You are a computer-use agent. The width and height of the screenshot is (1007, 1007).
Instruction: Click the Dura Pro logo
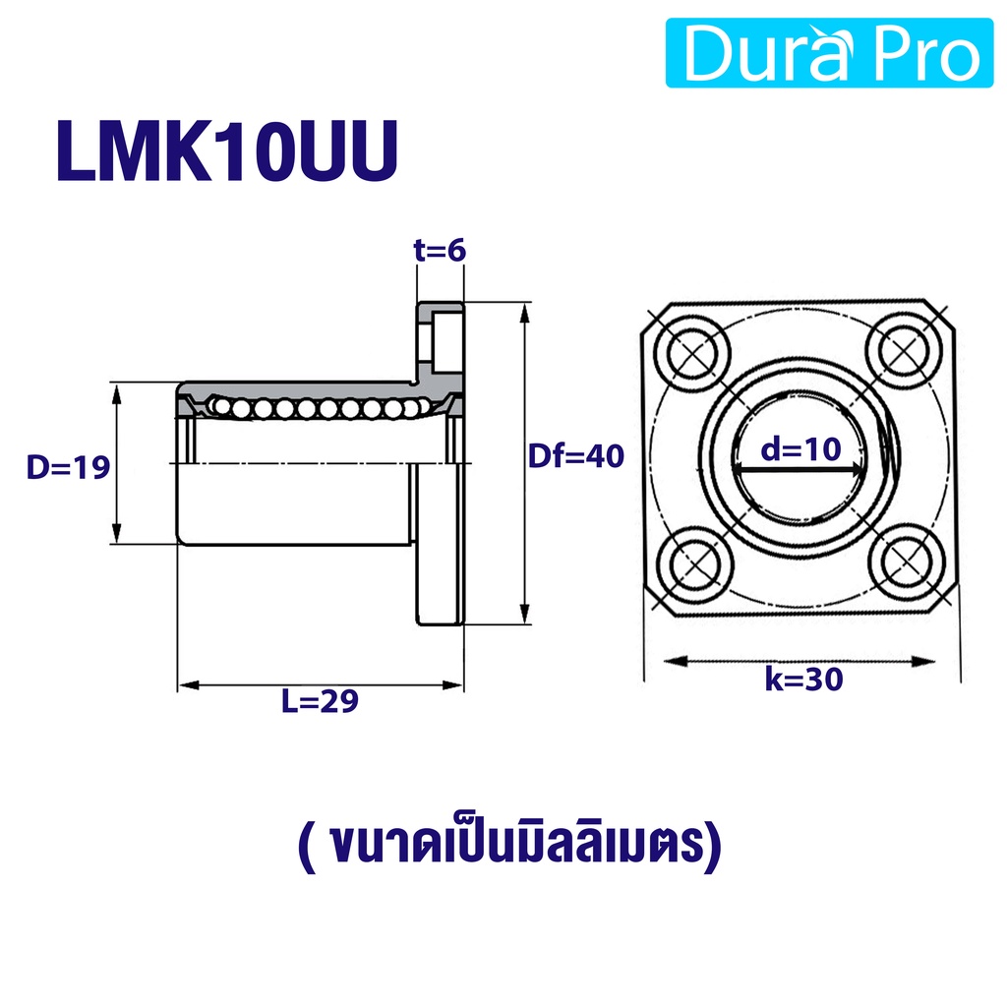[829, 53]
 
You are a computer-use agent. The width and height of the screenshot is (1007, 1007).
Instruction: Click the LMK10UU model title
[228, 151]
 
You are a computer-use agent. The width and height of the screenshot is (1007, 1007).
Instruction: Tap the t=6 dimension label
[440, 250]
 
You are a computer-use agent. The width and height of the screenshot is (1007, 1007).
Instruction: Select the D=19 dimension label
[68, 467]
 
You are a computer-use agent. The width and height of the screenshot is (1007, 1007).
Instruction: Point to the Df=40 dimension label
[576, 456]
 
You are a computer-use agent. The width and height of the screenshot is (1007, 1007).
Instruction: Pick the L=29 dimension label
[320, 700]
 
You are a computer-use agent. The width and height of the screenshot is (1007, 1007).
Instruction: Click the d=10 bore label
[800, 448]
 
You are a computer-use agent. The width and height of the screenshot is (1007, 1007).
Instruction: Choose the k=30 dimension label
[803, 679]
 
